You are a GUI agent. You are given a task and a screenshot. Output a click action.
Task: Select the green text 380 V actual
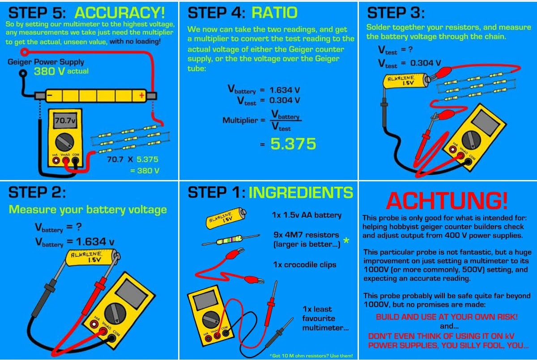click(x=61, y=71)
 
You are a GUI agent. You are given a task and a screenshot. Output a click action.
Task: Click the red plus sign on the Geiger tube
click(x=141, y=95)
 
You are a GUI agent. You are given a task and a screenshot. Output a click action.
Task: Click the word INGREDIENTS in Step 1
click(x=301, y=193)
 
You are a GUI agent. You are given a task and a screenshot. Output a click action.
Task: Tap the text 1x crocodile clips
click(x=304, y=265)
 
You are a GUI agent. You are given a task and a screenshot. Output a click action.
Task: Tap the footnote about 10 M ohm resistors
click(x=311, y=356)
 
